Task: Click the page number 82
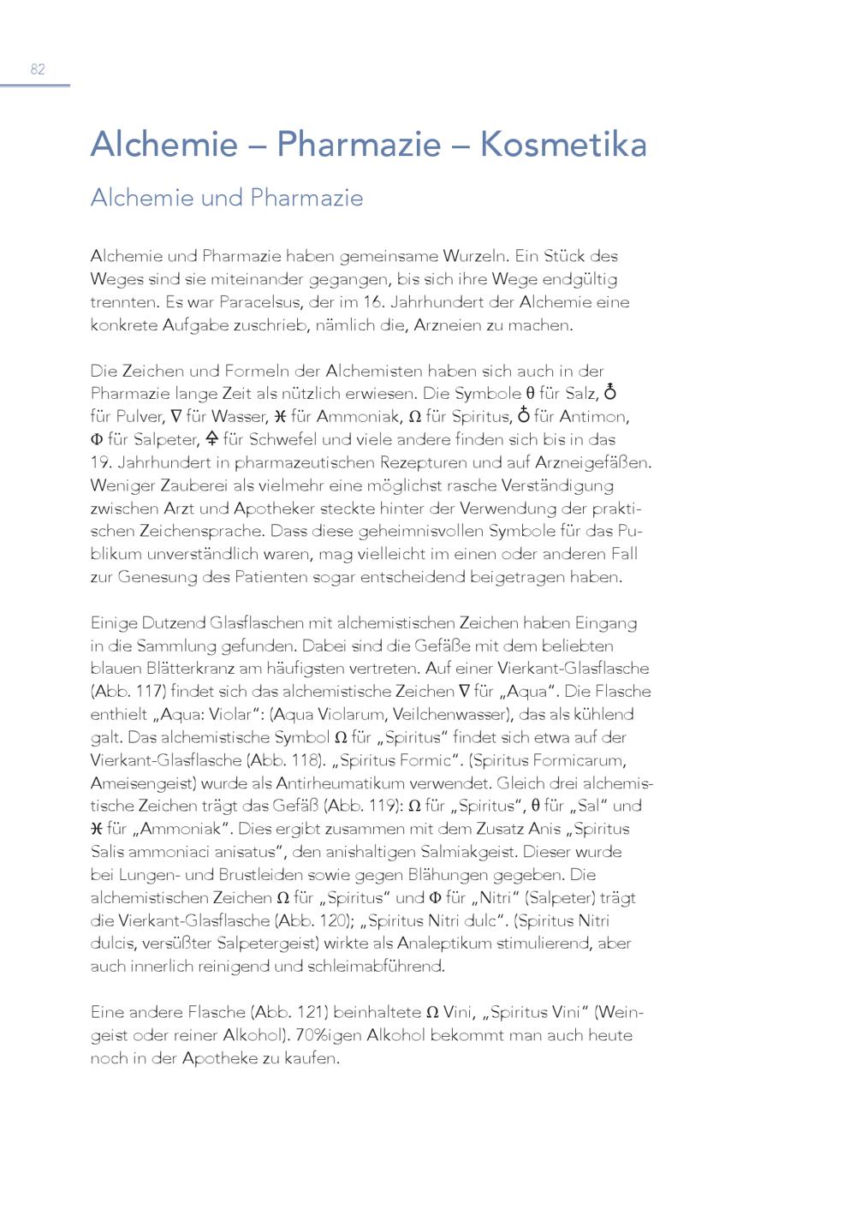[38, 70]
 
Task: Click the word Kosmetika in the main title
[562, 144]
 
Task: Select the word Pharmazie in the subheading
[306, 198]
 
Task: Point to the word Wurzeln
[474, 256]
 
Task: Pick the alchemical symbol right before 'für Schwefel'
[213, 439]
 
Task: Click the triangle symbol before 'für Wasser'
[175, 417]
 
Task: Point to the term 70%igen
[328, 1035]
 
